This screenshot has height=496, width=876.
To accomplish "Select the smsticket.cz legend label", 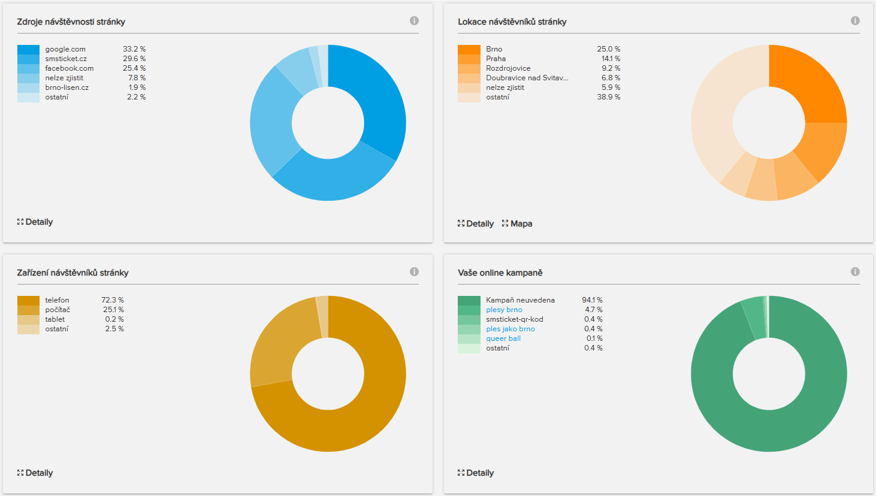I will click(x=66, y=59).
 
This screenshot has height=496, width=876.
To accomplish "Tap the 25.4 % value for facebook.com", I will click(x=134, y=68).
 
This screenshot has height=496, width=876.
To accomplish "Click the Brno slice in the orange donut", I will click(x=812, y=87).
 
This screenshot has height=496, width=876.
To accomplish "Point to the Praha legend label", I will click(x=496, y=59).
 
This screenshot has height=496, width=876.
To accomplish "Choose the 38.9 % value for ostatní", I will click(x=608, y=97).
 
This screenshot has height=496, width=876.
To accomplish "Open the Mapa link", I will click(x=521, y=223).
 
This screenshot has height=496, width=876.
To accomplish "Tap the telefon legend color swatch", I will click(x=28, y=300).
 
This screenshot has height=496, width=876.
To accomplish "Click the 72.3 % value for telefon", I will click(x=113, y=300).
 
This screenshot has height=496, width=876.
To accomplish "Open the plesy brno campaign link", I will click(x=504, y=310).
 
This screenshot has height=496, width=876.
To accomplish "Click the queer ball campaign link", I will click(x=503, y=338).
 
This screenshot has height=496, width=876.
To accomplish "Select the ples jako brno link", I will click(x=511, y=329).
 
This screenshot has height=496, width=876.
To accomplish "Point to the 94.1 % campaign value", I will click(x=592, y=300).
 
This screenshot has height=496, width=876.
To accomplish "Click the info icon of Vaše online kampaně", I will click(x=855, y=272).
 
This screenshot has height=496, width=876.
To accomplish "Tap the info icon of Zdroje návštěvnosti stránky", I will click(x=414, y=21).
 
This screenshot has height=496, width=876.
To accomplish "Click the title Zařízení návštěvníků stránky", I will click(x=73, y=273).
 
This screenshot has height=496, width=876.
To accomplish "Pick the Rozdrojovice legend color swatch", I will click(x=469, y=68).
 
